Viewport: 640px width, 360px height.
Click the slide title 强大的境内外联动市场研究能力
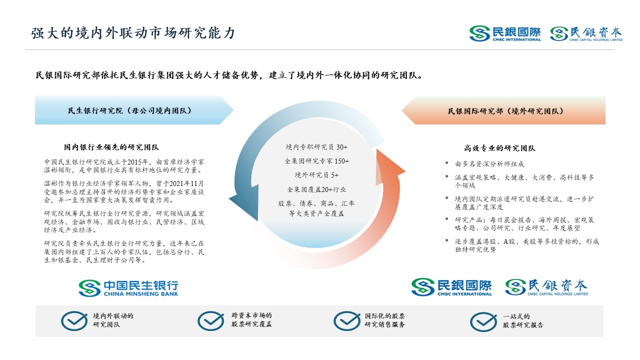[133, 33]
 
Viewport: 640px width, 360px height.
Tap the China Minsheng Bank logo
[128, 288]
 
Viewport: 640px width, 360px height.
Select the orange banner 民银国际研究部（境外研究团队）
[503, 111]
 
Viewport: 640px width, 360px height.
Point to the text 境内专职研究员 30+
[316, 147]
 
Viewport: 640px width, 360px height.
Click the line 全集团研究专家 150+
[316, 161]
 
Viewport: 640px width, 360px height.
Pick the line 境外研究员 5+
[316, 175]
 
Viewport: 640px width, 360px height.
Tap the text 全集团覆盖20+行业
[316, 189]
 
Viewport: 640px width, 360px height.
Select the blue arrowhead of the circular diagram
[245, 202]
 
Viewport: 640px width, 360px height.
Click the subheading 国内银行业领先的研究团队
[111, 147]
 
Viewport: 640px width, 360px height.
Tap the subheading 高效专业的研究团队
[499, 148]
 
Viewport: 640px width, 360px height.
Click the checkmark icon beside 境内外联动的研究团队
[74, 321]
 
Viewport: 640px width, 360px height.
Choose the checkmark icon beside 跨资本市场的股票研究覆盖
[211, 321]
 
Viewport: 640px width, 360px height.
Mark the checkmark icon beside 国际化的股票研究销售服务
[347, 321]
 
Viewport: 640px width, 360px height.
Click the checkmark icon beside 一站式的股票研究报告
[483, 321]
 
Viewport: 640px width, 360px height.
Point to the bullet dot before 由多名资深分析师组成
[446, 163]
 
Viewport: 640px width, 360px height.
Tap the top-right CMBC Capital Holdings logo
[586, 33]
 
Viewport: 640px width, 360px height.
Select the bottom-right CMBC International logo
[451, 287]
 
